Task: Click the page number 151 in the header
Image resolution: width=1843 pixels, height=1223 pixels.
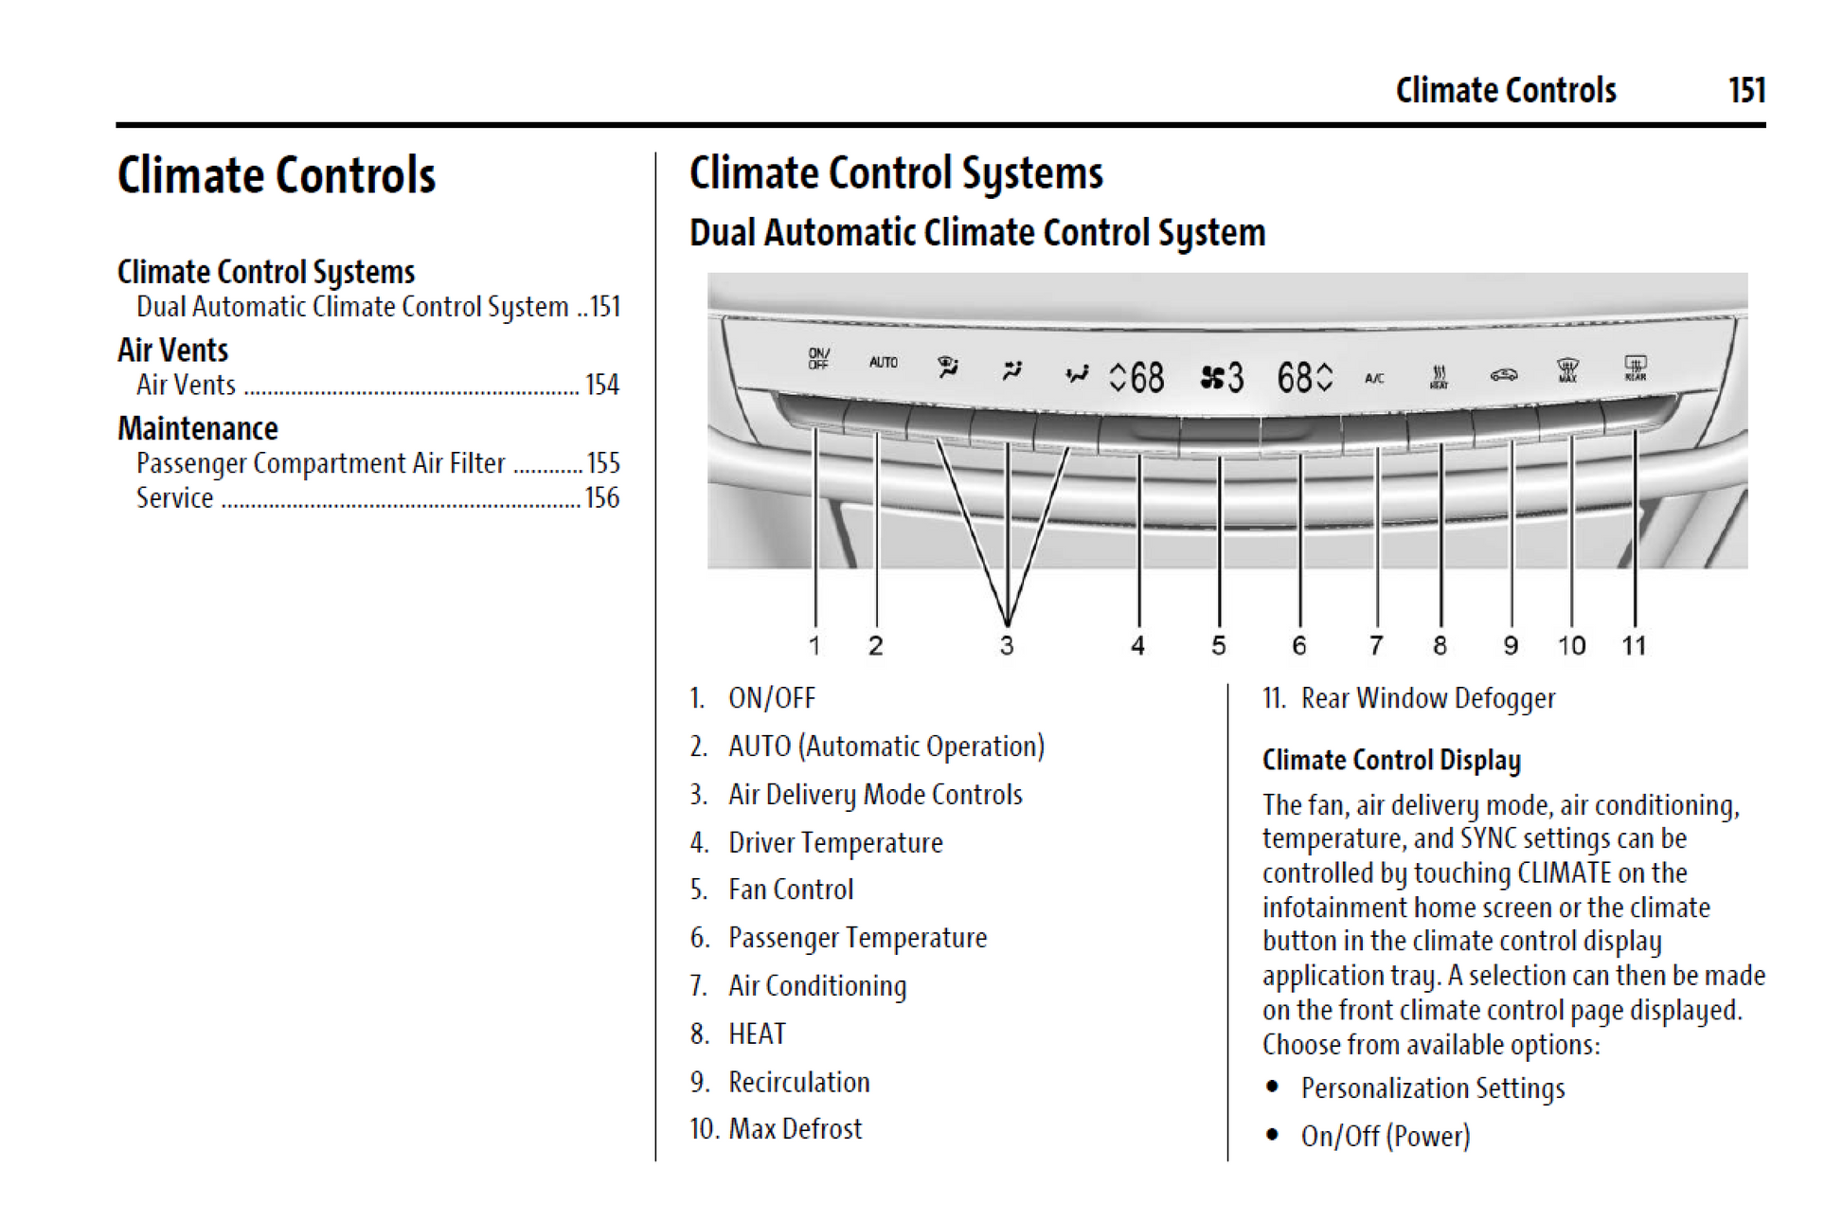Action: point(1745,90)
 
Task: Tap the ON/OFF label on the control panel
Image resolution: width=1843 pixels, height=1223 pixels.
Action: point(818,358)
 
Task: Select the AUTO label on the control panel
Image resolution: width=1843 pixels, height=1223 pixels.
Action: point(883,363)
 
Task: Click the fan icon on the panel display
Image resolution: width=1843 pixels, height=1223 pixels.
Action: point(1211,379)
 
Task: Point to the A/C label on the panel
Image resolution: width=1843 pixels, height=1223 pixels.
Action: point(1373,378)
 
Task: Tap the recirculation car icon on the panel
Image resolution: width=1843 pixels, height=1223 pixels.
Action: point(1503,375)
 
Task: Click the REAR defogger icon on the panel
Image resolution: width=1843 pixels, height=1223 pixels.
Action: point(1635,368)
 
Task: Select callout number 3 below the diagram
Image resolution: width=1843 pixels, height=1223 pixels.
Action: point(1007,646)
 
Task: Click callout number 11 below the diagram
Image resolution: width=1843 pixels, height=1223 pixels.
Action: point(1634,646)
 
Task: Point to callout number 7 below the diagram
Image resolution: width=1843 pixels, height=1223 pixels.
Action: point(1376,646)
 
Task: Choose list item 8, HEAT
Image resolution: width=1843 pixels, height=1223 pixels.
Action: point(757,1034)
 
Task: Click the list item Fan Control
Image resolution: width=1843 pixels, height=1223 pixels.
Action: point(791,890)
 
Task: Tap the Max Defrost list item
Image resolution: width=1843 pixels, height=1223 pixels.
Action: point(795,1129)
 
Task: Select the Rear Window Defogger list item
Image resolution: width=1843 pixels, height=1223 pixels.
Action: point(1427,699)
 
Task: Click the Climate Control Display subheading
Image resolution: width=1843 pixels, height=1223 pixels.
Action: point(1391,760)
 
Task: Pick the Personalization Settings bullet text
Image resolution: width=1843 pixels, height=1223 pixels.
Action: point(1432,1088)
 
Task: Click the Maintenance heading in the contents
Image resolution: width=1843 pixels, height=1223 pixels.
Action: point(198,429)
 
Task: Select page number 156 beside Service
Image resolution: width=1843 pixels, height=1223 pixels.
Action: point(601,498)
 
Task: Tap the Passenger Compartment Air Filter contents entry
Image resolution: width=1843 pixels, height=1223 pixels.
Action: point(320,463)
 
